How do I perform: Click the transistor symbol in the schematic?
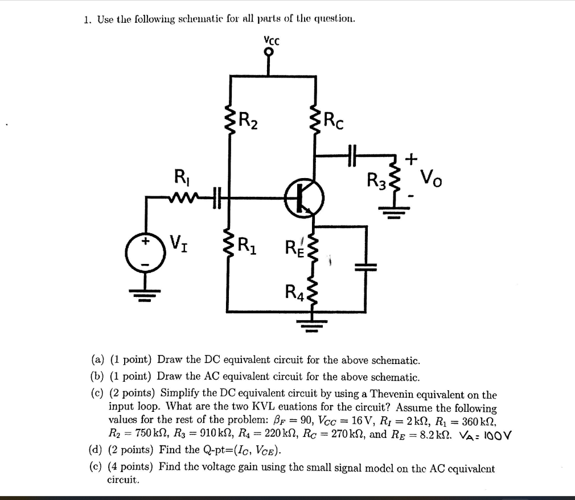tap(305, 197)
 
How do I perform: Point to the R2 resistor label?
tap(249, 120)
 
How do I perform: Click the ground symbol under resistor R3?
tap(396, 214)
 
